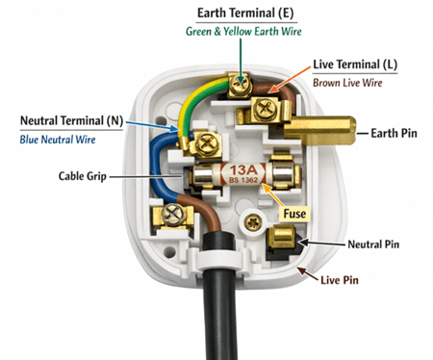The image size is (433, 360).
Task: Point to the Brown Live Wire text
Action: coord(348,83)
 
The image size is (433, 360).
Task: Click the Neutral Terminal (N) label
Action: coord(73,121)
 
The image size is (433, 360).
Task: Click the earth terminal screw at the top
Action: coord(235,86)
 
